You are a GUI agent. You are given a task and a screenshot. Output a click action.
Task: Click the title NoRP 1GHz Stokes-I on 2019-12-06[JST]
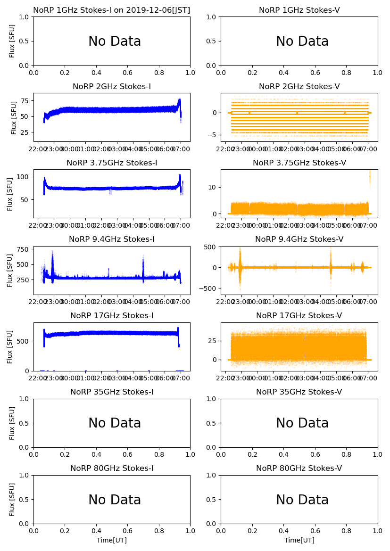[111, 10]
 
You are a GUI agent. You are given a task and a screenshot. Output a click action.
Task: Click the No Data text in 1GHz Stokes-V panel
[302, 41]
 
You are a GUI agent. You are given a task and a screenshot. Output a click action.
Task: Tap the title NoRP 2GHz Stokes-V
[299, 86]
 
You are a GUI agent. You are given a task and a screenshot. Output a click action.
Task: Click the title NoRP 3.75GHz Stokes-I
[112, 163]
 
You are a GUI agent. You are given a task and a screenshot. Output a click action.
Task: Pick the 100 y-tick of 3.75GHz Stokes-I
[23, 177]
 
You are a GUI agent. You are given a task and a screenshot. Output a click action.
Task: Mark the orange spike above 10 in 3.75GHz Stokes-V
[370, 178]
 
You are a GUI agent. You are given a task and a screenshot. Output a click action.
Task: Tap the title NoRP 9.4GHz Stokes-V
[299, 239]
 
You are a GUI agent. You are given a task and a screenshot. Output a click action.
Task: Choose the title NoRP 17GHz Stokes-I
[112, 315]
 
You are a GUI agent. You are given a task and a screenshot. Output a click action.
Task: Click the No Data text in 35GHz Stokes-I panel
[115, 423]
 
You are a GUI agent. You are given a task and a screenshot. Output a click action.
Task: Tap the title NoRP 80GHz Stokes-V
[299, 468]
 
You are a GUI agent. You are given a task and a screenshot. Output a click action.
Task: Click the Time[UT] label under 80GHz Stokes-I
[112, 540]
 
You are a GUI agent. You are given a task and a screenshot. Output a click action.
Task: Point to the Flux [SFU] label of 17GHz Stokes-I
[10, 347]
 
